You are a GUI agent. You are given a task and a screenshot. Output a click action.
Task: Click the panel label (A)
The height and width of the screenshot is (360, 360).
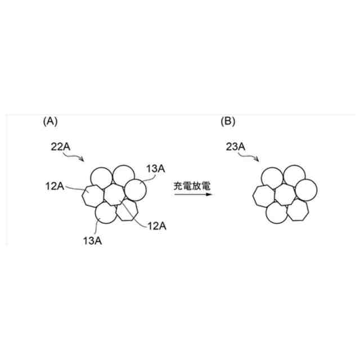click(50, 120)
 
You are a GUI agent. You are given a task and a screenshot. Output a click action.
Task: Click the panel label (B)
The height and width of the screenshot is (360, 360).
click(228, 120)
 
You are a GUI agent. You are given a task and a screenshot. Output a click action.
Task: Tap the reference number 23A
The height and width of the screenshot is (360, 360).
click(235, 147)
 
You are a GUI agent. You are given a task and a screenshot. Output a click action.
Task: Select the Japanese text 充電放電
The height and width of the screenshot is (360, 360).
click(191, 184)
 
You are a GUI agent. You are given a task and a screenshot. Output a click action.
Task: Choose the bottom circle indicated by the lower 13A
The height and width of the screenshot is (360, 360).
click(106, 214)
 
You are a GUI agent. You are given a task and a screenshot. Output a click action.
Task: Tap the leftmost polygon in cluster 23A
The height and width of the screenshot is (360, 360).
click(263, 197)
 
